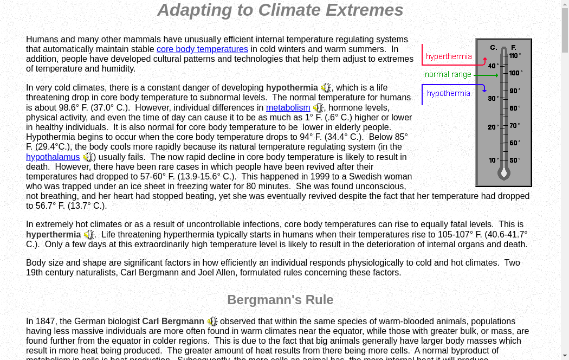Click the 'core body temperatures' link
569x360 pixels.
202,49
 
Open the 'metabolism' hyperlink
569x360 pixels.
288,108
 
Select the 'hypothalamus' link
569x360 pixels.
53,157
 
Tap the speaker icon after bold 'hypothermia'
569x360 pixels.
326,88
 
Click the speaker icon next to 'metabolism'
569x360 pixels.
318,108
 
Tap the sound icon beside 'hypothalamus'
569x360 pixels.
88,157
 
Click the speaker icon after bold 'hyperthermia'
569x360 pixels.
89,235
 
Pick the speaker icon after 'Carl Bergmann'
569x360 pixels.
212,322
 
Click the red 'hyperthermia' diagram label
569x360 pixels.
449,56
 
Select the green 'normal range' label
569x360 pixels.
448,75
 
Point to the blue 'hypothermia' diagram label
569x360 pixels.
449,93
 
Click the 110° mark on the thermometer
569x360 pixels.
514,55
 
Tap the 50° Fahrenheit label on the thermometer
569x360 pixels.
514,160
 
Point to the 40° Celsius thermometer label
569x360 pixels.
493,66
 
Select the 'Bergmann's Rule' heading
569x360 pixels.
280,300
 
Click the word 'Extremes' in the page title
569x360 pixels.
366,10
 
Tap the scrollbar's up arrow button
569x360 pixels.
565,4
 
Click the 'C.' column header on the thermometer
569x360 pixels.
494,48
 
